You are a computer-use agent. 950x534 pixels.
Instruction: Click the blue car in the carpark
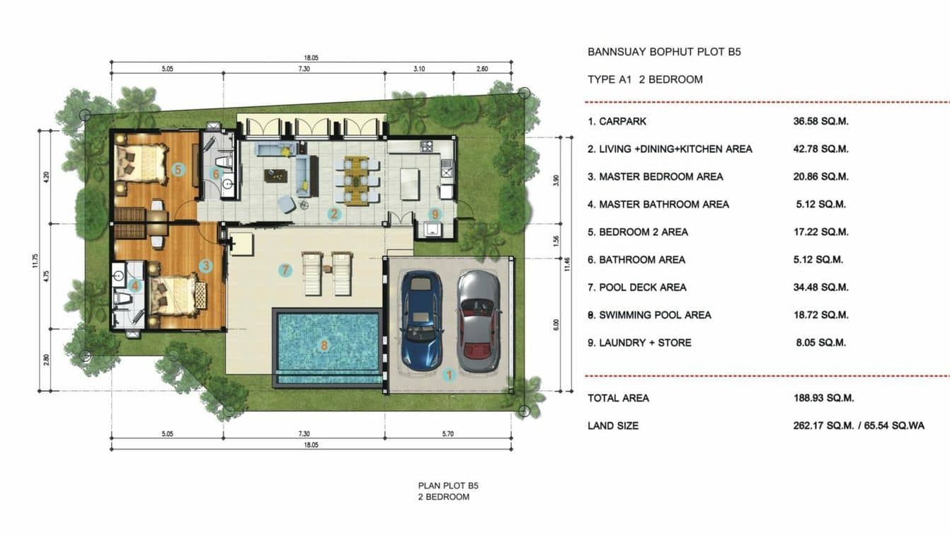tap(421, 321)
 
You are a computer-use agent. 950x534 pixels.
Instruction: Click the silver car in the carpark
tap(479, 322)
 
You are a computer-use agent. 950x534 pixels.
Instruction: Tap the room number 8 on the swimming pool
tap(324, 345)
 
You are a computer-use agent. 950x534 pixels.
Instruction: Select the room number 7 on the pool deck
tap(285, 270)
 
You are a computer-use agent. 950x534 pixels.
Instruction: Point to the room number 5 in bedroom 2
tap(178, 170)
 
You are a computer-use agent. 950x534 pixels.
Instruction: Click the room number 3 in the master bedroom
tap(206, 266)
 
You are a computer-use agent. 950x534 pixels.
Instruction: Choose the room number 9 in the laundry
tap(434, 214)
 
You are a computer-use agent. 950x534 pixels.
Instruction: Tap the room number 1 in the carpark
tap(449, 375)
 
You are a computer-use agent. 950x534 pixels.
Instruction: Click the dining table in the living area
tap(356, 181)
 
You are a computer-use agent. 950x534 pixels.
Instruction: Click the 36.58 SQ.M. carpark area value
tap(820, 121)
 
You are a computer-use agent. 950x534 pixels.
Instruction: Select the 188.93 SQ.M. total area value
tap(823, 398)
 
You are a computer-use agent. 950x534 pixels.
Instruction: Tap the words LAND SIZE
tap(613, 426)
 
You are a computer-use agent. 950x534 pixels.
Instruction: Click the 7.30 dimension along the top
tap(304, 69)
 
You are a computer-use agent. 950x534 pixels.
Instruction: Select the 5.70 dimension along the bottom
tap(448, 433)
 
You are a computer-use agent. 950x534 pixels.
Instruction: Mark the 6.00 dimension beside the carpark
tap(556, 325)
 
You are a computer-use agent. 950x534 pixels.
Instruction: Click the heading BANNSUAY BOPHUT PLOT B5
tap(664, 52)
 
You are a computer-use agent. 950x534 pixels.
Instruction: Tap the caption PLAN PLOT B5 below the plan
tap(448, 486)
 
